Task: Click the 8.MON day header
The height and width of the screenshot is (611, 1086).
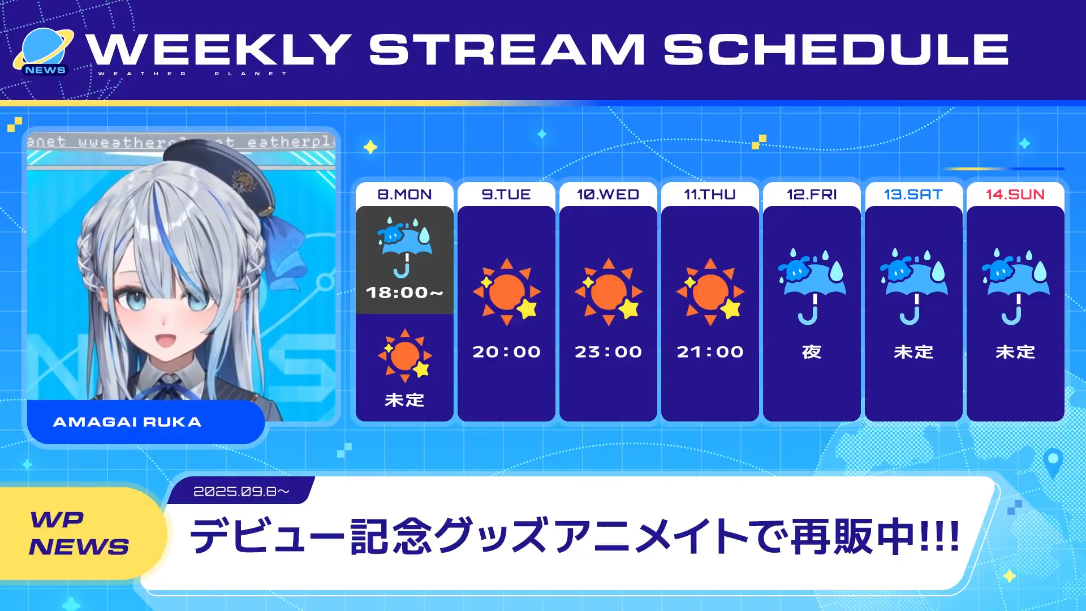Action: [404, 194]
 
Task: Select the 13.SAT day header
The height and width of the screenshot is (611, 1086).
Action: [913, 194]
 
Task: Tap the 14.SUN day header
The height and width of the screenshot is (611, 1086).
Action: [1015, 194]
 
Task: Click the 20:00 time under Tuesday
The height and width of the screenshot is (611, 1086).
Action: [506, 352]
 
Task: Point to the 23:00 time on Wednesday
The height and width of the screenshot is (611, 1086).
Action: [608, 352]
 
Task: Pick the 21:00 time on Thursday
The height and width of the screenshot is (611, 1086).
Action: [710, 352]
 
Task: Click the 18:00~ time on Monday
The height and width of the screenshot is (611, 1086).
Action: [404, 292]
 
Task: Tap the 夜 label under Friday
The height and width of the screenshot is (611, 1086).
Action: [812, 352]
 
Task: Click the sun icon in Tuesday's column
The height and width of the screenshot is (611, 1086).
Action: [507, 292]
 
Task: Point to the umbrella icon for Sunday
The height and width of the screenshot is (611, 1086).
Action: [1015, 286]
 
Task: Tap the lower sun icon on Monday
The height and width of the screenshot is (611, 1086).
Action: [405, 355]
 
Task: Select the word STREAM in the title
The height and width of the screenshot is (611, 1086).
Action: [507, 49]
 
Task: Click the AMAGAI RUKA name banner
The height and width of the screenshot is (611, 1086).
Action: [146, 422]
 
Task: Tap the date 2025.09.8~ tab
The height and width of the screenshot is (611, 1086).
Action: [242, 491]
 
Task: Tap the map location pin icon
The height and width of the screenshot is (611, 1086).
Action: [1053, 463]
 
